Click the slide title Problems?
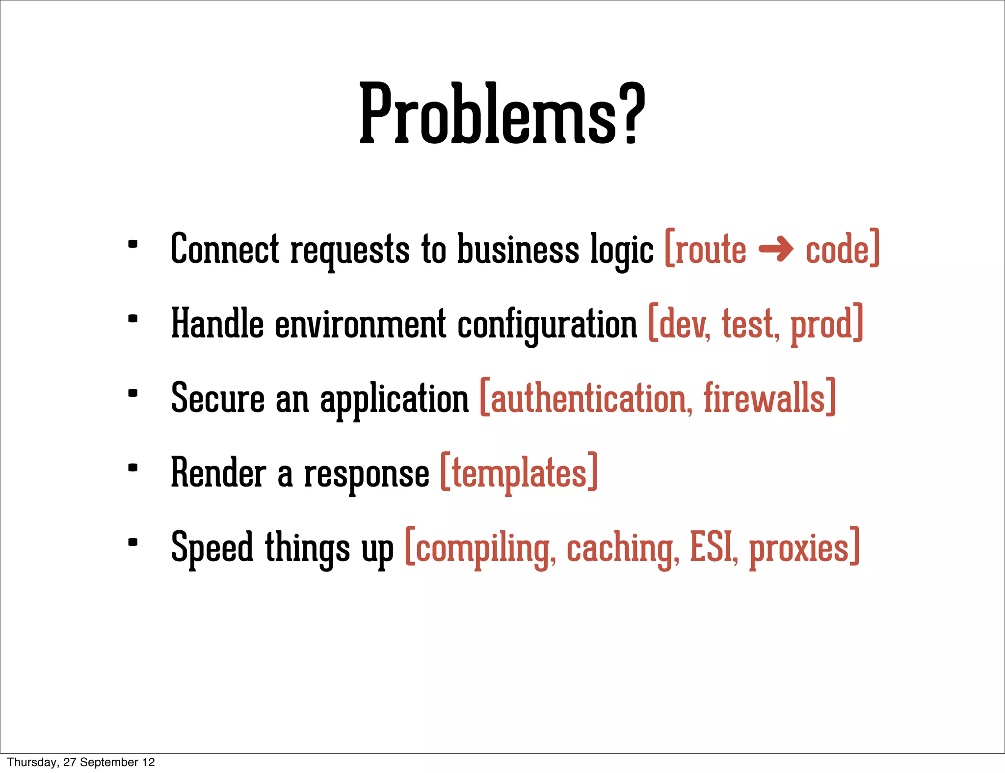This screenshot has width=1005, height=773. (502, 114)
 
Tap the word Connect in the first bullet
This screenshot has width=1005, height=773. (225, 249)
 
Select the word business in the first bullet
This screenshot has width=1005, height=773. (518, 249)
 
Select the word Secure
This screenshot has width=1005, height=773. (217, 398)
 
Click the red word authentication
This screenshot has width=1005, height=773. (588, 398)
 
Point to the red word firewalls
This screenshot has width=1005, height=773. (765, 398)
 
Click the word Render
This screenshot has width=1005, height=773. (218, 473)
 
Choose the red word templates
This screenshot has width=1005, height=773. (519, 474)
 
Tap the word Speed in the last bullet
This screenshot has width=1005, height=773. (212, 547)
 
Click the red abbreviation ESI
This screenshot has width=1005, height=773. (712, 547)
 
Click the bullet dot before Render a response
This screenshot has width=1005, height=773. (132, 468)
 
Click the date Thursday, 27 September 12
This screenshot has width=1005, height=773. (81, 762)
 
